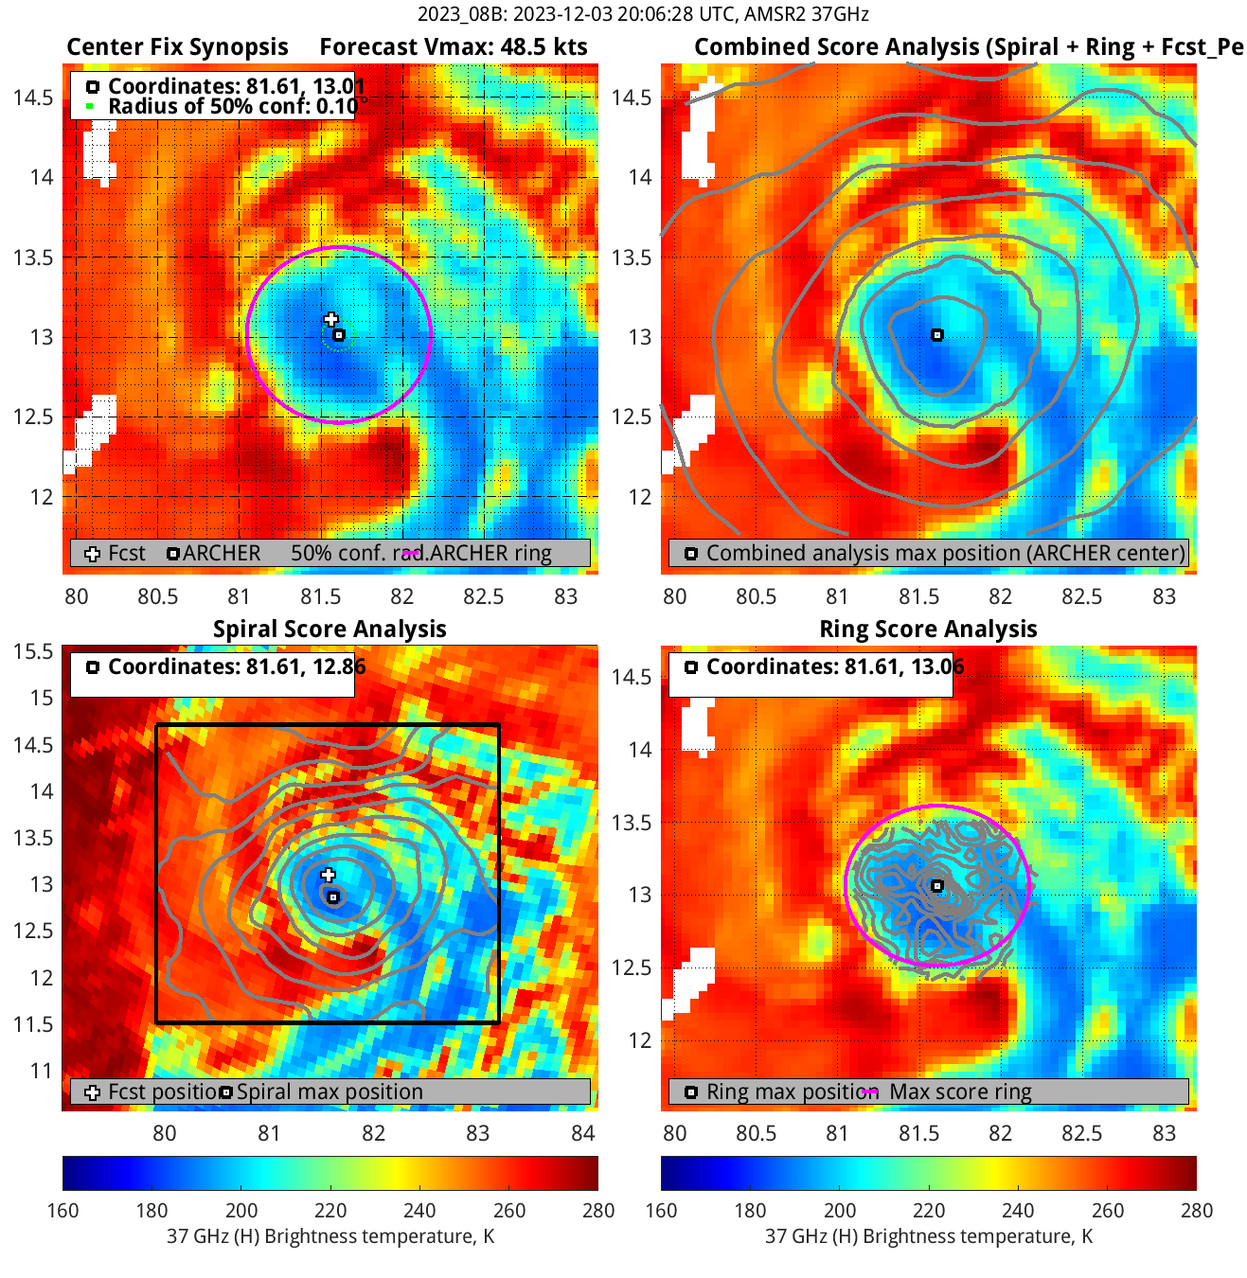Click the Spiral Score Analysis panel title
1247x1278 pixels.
[x=330, y=630]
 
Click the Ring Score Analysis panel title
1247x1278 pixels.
[x=928, y=630]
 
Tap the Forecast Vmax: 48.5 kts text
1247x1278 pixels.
[x=453, y=47]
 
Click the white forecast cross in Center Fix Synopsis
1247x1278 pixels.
[x=330, y=320]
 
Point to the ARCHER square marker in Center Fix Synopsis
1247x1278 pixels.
[x=339, y=335]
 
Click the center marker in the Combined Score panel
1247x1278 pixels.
[x=936, y=335]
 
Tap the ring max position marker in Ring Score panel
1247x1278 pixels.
[x=936, y=886]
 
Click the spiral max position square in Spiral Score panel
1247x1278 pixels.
[x=332, y=897]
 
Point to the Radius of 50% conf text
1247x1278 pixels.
[x=232, y=106]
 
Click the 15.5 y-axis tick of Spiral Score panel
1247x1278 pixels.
[x=33, y=651]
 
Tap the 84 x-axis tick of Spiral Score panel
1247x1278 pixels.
[x=582, y=1133]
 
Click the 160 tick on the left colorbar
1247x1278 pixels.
[x=63, y=1210]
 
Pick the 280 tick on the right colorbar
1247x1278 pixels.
[x=1196, y=1210]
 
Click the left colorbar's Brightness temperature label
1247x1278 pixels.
[x=330, y=1236]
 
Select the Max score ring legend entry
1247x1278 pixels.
[x=959, y=1092]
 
